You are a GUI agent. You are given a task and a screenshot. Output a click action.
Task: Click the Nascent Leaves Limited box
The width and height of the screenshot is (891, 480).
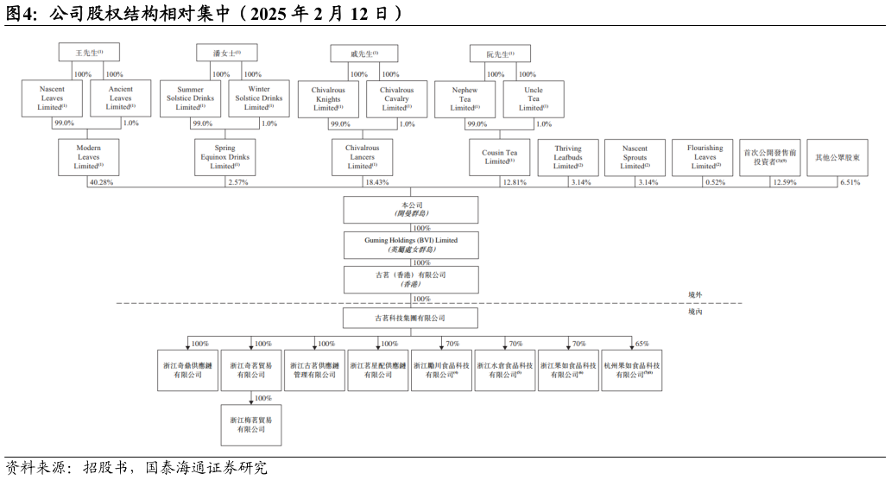tap(52, 99)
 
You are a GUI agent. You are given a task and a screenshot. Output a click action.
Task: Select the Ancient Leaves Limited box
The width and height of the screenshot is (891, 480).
tap(121, 99)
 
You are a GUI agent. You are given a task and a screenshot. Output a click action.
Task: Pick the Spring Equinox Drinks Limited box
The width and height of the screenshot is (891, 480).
tap(224, 156)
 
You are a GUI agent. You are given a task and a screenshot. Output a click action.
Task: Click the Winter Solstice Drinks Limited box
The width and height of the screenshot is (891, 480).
tap(259, 99)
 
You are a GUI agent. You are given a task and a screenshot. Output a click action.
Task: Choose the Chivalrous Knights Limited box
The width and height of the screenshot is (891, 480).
tap(327, 99)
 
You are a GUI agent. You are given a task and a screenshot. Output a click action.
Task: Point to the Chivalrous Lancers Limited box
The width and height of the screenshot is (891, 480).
tap(362, 156)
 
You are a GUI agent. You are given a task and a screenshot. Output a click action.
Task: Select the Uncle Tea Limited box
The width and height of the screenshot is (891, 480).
tap(534, 99)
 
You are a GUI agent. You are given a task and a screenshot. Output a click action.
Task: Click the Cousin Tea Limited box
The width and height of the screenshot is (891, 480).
tap(499, 156)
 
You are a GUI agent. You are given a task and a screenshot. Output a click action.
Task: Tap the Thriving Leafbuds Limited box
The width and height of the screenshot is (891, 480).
tap(567, 156)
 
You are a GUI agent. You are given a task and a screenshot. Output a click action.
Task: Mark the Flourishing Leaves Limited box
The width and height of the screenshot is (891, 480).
tap(705, 156)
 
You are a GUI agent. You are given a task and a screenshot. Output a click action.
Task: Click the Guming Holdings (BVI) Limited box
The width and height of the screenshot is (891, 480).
tap(411, 243)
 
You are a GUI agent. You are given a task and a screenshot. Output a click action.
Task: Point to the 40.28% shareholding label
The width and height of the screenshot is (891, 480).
tap(102, 182)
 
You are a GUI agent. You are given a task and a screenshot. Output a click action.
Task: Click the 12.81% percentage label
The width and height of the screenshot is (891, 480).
tap(514, 182)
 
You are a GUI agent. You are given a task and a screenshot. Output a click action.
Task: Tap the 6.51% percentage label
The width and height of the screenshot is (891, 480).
tap(849, 182)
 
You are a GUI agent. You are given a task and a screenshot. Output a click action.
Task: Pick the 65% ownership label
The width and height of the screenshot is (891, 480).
tap(642, 344)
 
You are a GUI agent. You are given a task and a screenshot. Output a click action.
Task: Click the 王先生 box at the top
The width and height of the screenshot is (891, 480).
tap(95, 54)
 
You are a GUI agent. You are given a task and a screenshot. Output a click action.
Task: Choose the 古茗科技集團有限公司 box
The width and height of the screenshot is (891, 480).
tap(411, 319)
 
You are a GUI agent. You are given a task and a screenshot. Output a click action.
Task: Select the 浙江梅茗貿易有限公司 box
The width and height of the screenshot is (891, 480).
tap(251, 424)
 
